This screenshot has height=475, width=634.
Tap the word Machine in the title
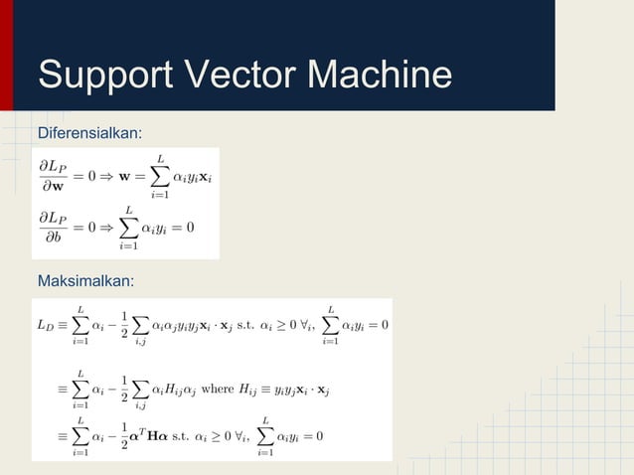pyautogui.click(x=381, y=77)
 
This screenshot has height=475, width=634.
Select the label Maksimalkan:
pyautogui.click(x=85, y=282)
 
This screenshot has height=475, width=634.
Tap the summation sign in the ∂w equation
pyautogui.click(x=160, y=176)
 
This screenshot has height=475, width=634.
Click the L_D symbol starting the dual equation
pyautogui.click(x=45, y=325)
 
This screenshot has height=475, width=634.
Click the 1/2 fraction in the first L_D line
pyautogui.click(x=123, y=325)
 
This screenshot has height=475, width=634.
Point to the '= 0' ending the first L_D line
pyautogui.click(x=376, y=325)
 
